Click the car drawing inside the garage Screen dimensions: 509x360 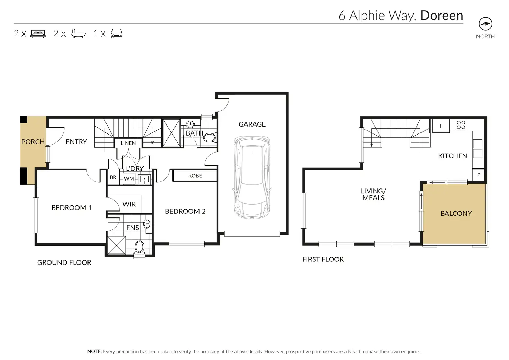point(252,177)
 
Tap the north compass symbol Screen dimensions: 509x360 point(485,24)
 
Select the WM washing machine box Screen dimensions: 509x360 point(129,179)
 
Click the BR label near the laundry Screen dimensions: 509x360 point(113,177)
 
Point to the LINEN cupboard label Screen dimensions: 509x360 point(128,143)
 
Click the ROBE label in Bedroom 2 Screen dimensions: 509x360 point(195,176)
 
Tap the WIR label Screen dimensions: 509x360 point(129,204)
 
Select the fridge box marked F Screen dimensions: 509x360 point(441,126)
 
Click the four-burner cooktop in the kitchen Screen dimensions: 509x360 point(461,125)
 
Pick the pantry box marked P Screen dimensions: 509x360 point(479,175)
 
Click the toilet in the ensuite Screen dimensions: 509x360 point(139,248)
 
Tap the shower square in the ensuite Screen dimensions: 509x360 point(117,245)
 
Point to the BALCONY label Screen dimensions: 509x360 point(456,213)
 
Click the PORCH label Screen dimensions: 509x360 point(33,142)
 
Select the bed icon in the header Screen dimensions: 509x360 point(38,34)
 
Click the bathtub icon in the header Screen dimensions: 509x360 point(78,34)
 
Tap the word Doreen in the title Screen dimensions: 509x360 point(442,16)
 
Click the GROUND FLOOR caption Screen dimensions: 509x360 point(64,262)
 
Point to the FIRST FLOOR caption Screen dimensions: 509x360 point(323,259)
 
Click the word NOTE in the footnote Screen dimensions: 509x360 point(94,351)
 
